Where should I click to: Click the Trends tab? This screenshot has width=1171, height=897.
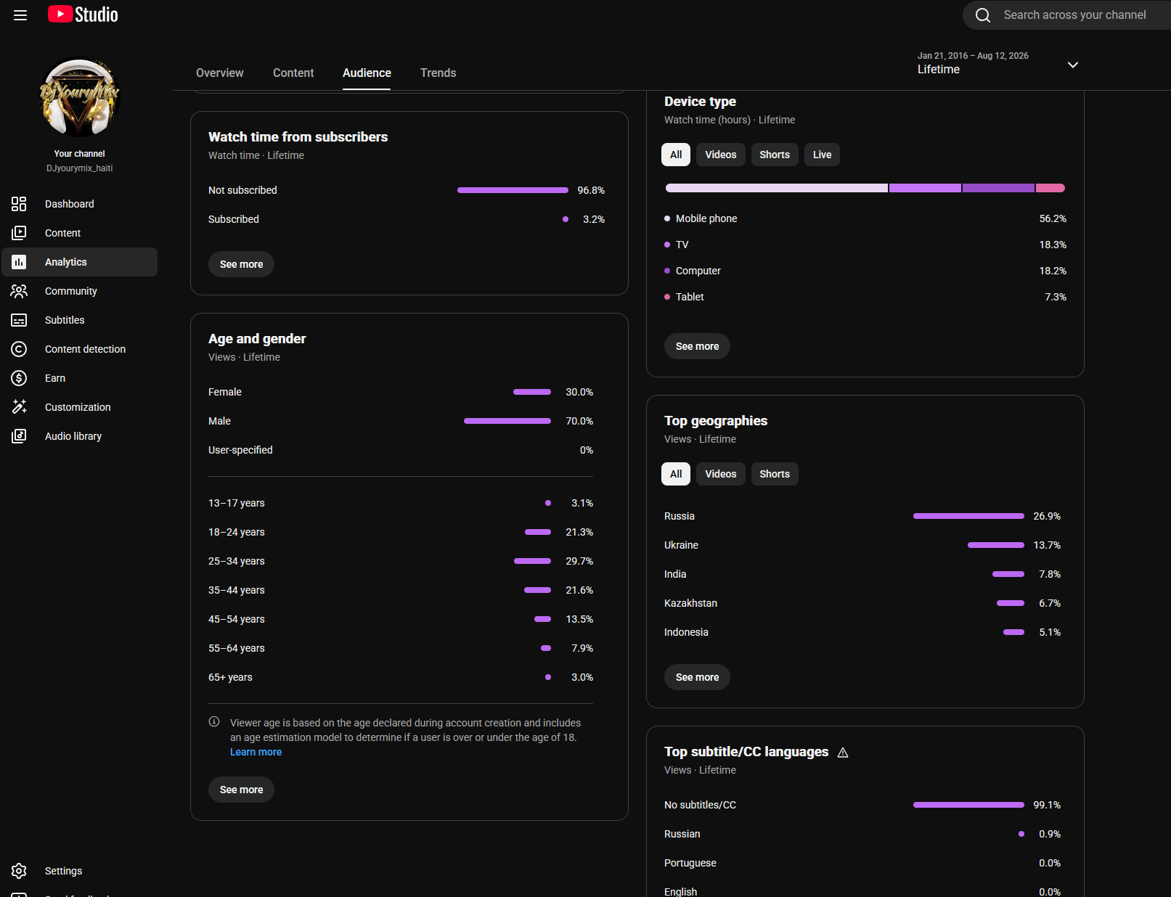[x=438, y=73]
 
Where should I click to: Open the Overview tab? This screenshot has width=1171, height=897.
[x=219, y=73]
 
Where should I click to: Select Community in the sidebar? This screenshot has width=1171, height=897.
[x=70, y=291]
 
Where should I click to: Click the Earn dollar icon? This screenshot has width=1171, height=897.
[x=19, y=378]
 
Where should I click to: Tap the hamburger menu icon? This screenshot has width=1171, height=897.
[x=20, y=15]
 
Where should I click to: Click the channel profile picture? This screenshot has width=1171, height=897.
[x=79, y=97]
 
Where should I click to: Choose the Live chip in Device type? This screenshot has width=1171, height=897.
[x=821, y=155]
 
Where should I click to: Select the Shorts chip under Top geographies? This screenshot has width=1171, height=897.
[x=774, y=474]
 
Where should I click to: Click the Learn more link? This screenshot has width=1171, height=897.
[x=256, y=752]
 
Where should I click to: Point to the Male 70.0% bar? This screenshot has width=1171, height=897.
[x=507, y=422]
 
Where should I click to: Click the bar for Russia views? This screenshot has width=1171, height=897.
[x=968, y=516]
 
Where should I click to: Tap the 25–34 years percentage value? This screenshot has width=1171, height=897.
[x=579, y=562]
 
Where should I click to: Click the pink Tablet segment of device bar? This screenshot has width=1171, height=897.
[x=1050, y=188]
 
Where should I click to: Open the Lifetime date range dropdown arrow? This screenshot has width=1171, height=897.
[x=1072, y=65]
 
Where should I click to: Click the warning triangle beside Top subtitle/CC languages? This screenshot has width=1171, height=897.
[x=843, y=753]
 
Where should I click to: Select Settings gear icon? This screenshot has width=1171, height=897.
[x=19, y=871]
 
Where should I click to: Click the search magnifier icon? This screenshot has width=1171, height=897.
[x=982, y=15]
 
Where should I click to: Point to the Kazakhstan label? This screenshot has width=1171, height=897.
[x=690, y=603]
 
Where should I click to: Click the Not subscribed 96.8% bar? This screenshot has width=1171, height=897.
[x=513, y=190]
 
